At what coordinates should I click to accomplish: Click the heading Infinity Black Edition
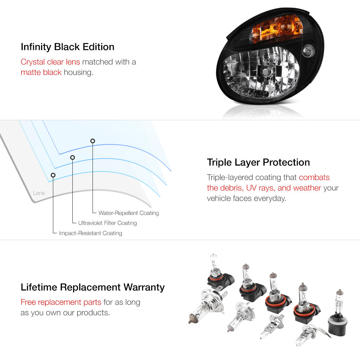[68, 47]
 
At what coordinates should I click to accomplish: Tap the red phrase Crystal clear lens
[50, 62]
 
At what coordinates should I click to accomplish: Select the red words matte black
[41, 72]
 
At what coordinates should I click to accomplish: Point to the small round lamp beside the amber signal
[309, 51]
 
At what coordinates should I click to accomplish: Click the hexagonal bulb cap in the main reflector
[266, 71]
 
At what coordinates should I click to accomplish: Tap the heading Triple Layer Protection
[258, 162]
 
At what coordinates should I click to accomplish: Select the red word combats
[314, 177]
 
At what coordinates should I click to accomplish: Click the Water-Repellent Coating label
[129, 213]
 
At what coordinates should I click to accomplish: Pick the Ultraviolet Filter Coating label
[107, 223]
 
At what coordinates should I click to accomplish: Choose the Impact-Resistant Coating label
[90, 233]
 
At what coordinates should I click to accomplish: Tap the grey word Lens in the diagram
[39, 193]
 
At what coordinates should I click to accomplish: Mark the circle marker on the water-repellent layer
[93, 141]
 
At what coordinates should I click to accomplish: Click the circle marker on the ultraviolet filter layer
[73, 157]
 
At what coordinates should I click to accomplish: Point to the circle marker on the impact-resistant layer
[53, 175]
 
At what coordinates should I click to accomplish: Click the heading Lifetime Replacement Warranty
[93, 287]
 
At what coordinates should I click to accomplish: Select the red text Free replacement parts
[61, 302]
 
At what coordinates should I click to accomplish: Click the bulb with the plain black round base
[338, 315]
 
